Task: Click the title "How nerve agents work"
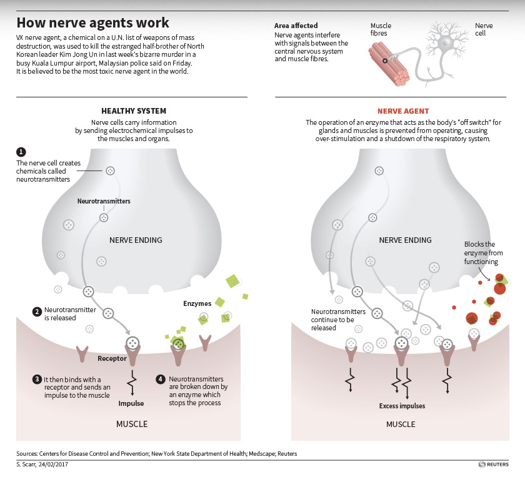(92, 23)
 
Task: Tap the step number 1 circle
(21, 152)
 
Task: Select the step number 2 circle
(37, 310)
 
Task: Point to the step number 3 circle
(37, 379)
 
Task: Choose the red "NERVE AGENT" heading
(403, 111)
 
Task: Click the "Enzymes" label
(197, 303)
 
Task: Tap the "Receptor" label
(112, 358)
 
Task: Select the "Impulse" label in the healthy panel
(131, 403)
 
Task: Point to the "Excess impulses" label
(402, 406)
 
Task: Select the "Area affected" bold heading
(296, 26)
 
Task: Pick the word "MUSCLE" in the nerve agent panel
(401, 424)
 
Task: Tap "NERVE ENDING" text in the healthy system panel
(136, 240)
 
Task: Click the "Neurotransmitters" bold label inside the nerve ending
(104, 202)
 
